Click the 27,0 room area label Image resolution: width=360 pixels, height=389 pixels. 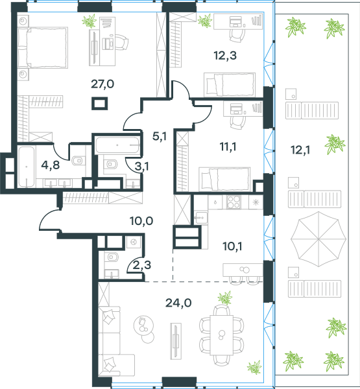(x=102, y=84)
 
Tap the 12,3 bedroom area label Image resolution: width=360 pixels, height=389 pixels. (x=225, y=55)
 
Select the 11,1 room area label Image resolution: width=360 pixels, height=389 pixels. (x=228, y=147)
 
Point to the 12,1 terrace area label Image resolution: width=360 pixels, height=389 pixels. (x=300, y=150)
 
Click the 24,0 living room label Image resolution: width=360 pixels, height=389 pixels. (x=178, y=303)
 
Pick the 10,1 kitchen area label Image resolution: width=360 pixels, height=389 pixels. (x=232, y=246)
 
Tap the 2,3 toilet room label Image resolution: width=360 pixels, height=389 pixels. (x=142, y=265)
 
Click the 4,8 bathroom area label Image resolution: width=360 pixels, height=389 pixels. (x=51, y=165)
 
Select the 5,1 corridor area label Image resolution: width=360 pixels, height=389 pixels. (x=160, y=136)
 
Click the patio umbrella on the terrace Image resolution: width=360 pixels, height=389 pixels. (x=318, y=239)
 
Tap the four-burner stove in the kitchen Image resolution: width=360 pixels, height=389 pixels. (x=234, y=202)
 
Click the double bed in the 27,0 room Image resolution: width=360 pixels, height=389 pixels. (x=43, y=47)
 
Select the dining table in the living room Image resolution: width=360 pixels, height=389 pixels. (x=221, y=335)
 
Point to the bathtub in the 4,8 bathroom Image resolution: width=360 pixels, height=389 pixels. (x=27, y=167)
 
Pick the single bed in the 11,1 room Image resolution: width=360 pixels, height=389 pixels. (x=224, y=180)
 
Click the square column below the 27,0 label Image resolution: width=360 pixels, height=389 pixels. (x=99, y=104)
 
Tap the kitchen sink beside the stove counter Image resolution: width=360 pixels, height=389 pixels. (x=200, y=218)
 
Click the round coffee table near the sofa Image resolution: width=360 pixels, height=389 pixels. (x=143, y=325)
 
